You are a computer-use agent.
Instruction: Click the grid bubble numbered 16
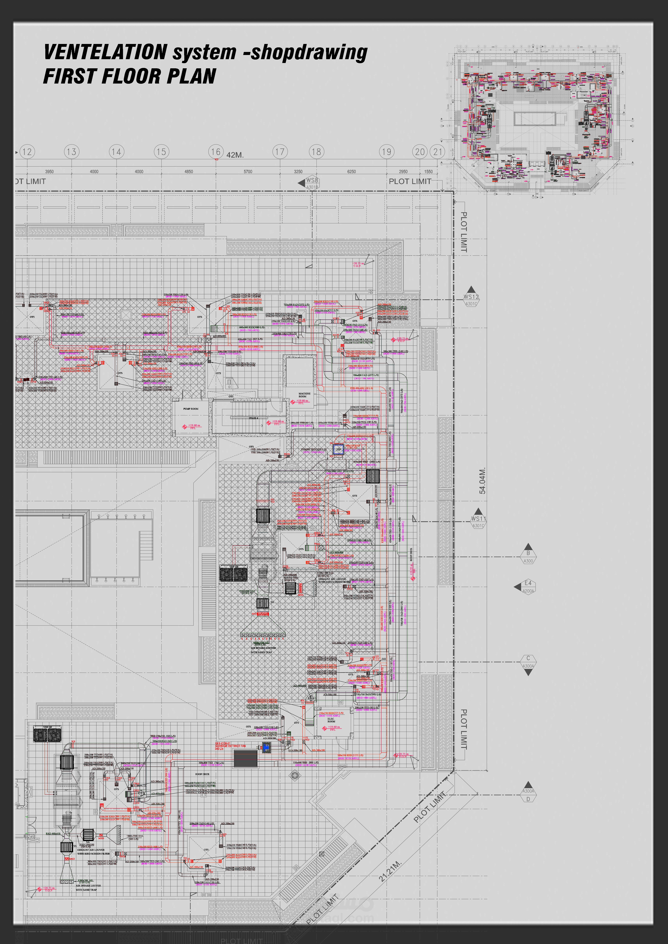pos(216,152)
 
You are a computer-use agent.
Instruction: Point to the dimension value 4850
pos(188,171)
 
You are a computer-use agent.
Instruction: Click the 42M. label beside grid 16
pos(235,155)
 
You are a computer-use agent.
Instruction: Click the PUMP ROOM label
pos(191,409)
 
